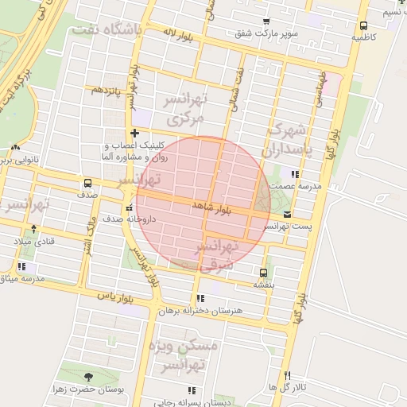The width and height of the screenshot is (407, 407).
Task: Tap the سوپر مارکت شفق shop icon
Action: tap(266, 21)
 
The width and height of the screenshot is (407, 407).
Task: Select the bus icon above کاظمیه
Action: tap(363, 25)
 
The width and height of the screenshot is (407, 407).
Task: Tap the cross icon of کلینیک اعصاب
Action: tap(134, 134)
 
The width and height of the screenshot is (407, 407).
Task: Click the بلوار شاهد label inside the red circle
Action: tap(211, 207)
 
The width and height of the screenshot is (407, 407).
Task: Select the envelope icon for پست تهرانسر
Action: tap(286, 215)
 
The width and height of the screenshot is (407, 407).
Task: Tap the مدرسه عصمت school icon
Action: tap(295, 173)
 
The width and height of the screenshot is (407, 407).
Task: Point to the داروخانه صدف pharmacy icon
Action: tap(130, 207)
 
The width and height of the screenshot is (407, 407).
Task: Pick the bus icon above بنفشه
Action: tap(263, 272)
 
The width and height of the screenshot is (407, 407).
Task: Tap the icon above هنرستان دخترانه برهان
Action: tap(199, 298)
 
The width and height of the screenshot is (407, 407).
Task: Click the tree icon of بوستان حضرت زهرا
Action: tap(87, 376)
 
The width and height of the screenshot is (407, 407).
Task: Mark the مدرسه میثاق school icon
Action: tap(21, 267)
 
